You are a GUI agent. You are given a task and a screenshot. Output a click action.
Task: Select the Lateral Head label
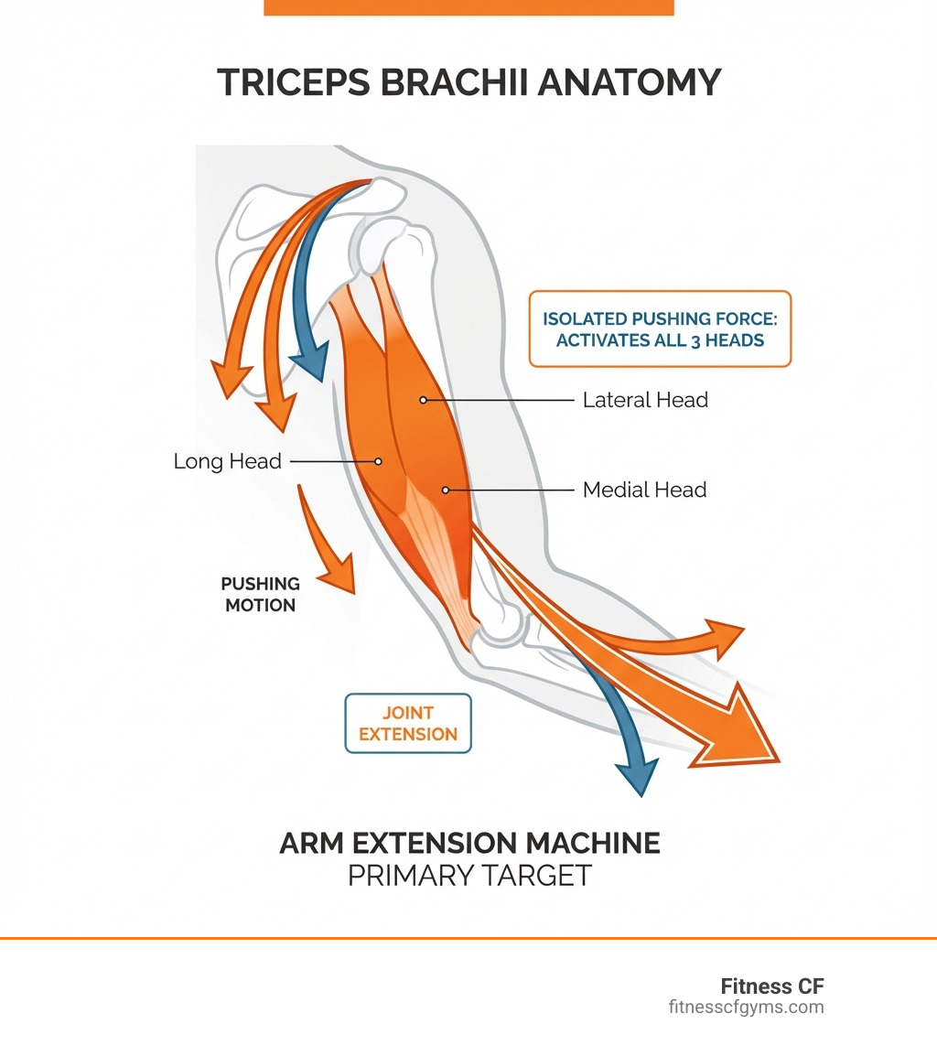[x=645, y=400]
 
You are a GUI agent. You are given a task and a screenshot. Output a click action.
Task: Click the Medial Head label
[x=644, y=490]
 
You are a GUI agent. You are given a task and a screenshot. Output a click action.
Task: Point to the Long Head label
[x=227, y=461]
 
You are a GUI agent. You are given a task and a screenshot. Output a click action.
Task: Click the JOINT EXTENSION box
[x=408, y=723]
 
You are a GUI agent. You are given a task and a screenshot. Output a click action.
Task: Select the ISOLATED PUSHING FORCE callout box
[x=660, y=329]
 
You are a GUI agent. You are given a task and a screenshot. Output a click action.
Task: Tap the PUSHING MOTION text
[x=260, y=594]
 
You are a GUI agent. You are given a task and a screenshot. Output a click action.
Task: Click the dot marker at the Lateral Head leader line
[x=423, y=400]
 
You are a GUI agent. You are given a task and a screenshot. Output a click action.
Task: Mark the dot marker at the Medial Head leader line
[x=446, y=490]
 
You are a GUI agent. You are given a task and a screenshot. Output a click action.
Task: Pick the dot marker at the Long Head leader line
[x=379, y=461]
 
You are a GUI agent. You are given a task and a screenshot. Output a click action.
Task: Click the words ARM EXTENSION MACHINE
[x=469, y=843]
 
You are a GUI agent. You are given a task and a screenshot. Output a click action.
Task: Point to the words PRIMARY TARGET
[x=469, y=876]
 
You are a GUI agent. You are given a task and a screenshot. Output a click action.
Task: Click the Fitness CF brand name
[x=772, y=986]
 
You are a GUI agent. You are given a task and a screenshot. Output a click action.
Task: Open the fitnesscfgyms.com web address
[x=746, y=1008]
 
